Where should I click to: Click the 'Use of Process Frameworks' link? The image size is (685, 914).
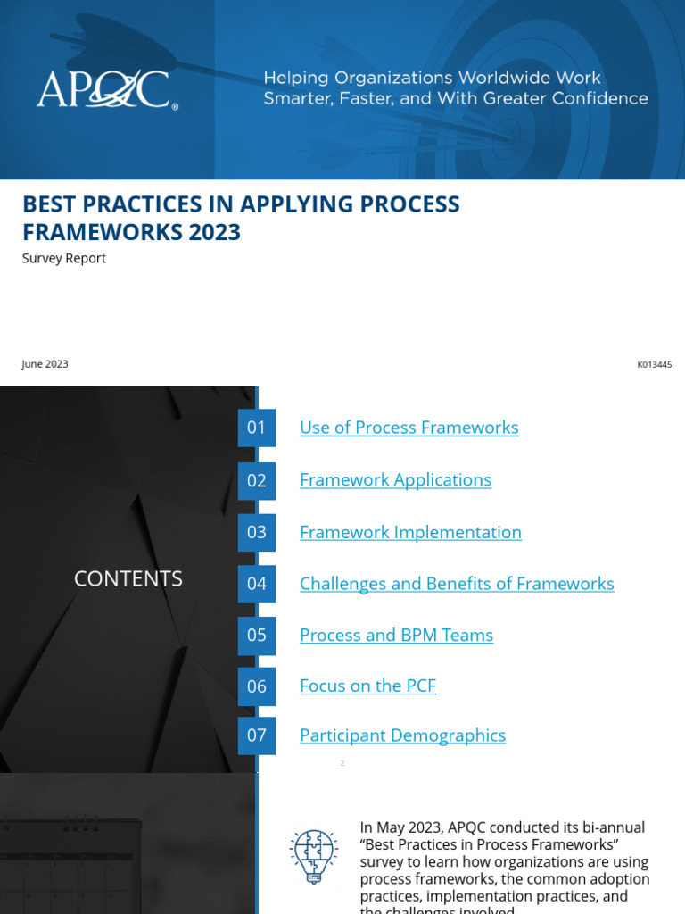click(x=409, y=428)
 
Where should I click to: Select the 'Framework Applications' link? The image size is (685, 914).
click(x=395, y=480)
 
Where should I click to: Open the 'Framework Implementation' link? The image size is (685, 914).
click(x=410, y=533)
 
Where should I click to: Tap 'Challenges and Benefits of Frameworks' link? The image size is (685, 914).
click(x=457, y=584)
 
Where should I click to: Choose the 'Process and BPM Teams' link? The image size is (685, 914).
click(x=396, y=636)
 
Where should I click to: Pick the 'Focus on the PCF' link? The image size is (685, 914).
click(x=367, y=686)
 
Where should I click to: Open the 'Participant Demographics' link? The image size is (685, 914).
click(x=402, y=735)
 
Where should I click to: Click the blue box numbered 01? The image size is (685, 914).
click(x=257, y=428)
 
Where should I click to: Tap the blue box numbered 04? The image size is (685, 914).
click(x=257, y=584)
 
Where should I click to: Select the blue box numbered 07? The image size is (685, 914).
click(x=257, y=735)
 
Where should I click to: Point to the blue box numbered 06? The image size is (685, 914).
click(x=257, y=686)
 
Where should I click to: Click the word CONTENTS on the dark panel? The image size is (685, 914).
click(x=128, y=578)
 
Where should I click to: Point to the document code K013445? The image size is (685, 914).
click(x=654, y=364)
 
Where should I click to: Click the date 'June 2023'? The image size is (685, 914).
click(x=45, y=364)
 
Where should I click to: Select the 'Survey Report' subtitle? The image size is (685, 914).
click(x=64, y=258)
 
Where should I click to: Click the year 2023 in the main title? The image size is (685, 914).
click(x=215, y=232)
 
